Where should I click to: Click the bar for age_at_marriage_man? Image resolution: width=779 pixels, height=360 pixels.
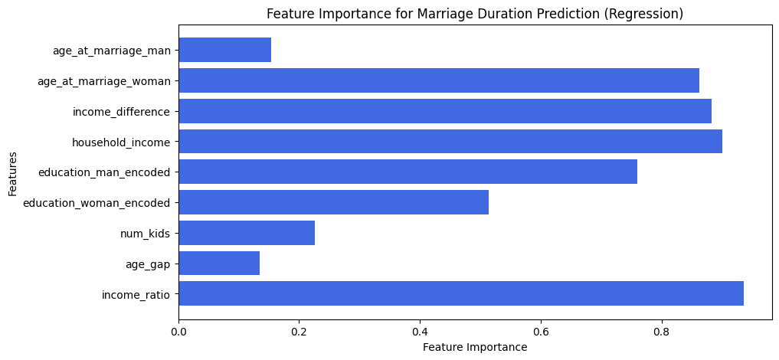pos(225,50)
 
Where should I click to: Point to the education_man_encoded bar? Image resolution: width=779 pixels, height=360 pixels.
pos(408,172)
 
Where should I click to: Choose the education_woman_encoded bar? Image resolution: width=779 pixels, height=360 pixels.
pos(334,202)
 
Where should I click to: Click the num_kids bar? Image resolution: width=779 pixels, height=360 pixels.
pos(247,233)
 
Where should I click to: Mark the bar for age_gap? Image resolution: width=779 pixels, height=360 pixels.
pos(219,263)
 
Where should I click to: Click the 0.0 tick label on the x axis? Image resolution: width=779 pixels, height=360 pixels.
pos(178,331)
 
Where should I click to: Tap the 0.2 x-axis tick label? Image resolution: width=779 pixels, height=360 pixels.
pos(299,331)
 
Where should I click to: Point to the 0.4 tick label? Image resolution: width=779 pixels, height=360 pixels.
pos(421,331)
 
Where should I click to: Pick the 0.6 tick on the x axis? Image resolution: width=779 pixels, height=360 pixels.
pos(541,331)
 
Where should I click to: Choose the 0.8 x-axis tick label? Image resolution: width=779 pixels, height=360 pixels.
pos(662,331)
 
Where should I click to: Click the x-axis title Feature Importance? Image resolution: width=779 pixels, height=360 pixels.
pos(475,347)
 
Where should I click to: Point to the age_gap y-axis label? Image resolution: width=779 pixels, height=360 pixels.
pos(148,264)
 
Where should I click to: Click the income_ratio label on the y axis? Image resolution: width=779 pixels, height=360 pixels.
pos(136,294)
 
